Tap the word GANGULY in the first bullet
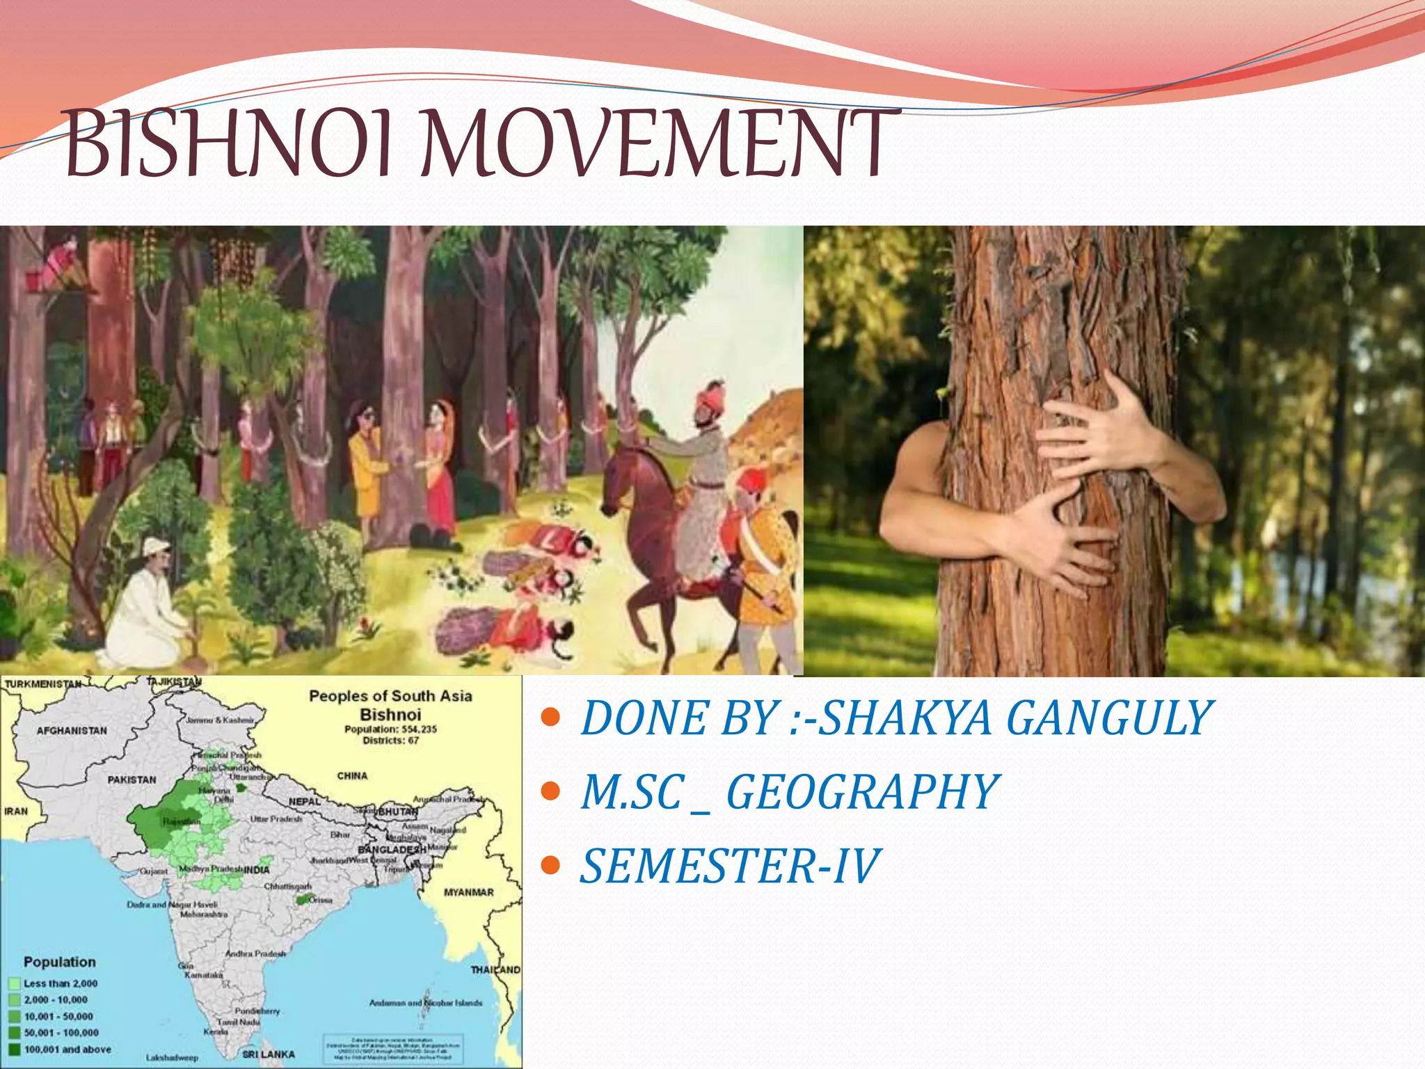coord(1109,718)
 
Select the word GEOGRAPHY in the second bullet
coord(863,793)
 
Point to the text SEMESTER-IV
coord(731,867)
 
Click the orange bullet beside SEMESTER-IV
coord(550,866)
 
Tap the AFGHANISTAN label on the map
coord(72,731)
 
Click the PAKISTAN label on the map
coord(132,779)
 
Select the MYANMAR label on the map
coord(468,892)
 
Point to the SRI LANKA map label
coord(269,1054)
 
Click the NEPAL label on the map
coord(305,802)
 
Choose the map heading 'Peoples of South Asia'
coord(390,696)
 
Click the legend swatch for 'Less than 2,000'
coord(15,983)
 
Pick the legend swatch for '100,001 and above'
coord(15,1049)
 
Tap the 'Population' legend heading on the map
coord(60,962)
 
